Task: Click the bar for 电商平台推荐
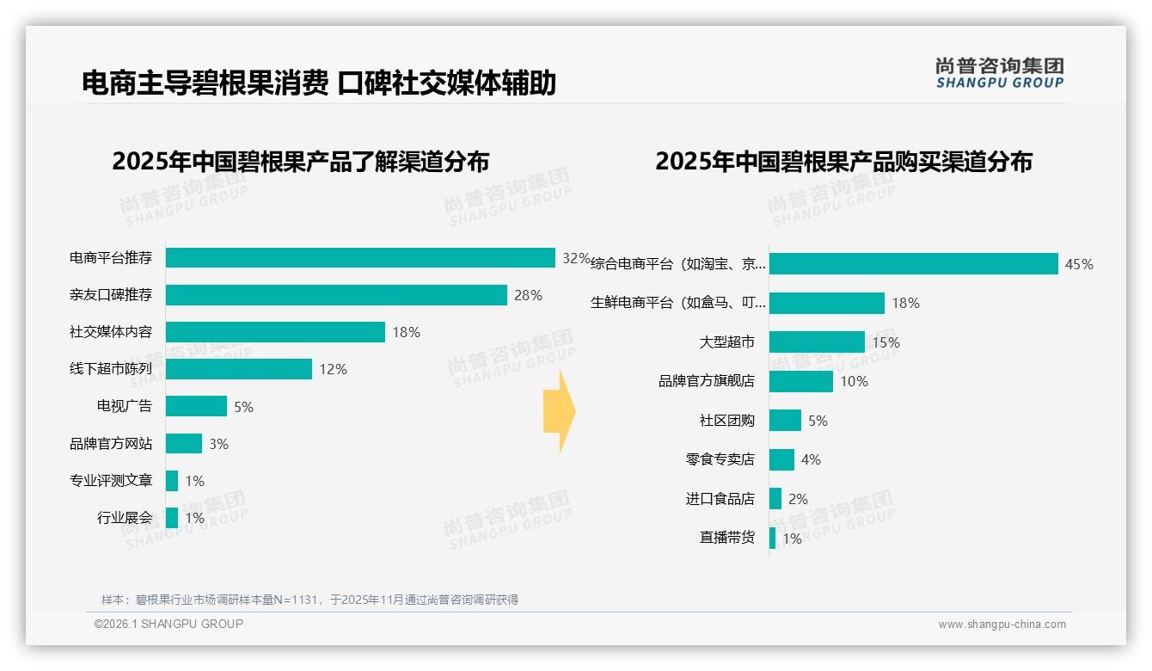point(360,258)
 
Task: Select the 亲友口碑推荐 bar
point(336,295)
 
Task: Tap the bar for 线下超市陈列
point(239,369)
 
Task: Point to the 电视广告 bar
point(196,406)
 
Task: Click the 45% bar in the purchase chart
point(913,264)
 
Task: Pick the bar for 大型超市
point(817,342)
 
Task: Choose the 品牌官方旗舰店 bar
point(801,381)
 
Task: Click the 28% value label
point(528,296)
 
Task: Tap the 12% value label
point(333,370)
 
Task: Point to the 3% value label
point(218,444)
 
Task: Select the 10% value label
point(854,382)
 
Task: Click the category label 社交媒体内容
point(111,332)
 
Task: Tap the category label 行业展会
point(125,518)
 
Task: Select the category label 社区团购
point(727,421)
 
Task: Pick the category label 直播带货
point(727,538)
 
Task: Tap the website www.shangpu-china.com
point(1002,625)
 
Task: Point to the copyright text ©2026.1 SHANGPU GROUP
point(169,624)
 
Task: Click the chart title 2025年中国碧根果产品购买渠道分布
point(843,162)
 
